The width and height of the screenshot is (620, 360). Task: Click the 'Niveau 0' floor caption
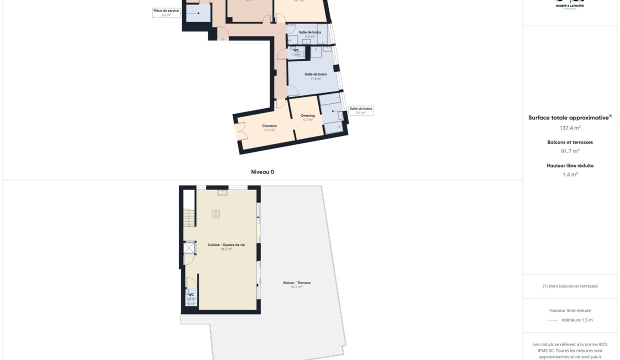point(262,172)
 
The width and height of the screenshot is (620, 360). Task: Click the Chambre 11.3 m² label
point(269,128)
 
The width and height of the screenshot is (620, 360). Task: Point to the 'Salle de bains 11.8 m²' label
point(315,76)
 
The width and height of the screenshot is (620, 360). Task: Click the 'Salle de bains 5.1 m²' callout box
point(361,110)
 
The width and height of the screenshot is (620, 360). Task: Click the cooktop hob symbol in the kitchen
point(216,214)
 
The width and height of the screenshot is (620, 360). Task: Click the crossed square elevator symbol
point(189,248)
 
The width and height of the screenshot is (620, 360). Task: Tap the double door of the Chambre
point(241,131)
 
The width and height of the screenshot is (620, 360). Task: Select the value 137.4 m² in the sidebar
point(569,128)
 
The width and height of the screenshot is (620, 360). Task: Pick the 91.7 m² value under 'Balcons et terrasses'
point(569,151)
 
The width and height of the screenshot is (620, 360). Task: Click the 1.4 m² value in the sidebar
point(569,174)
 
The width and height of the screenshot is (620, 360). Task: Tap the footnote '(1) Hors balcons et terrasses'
point(569,286)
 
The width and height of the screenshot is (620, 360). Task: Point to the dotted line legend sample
point(552,320)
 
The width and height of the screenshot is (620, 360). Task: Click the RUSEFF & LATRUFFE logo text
point(569,5)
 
